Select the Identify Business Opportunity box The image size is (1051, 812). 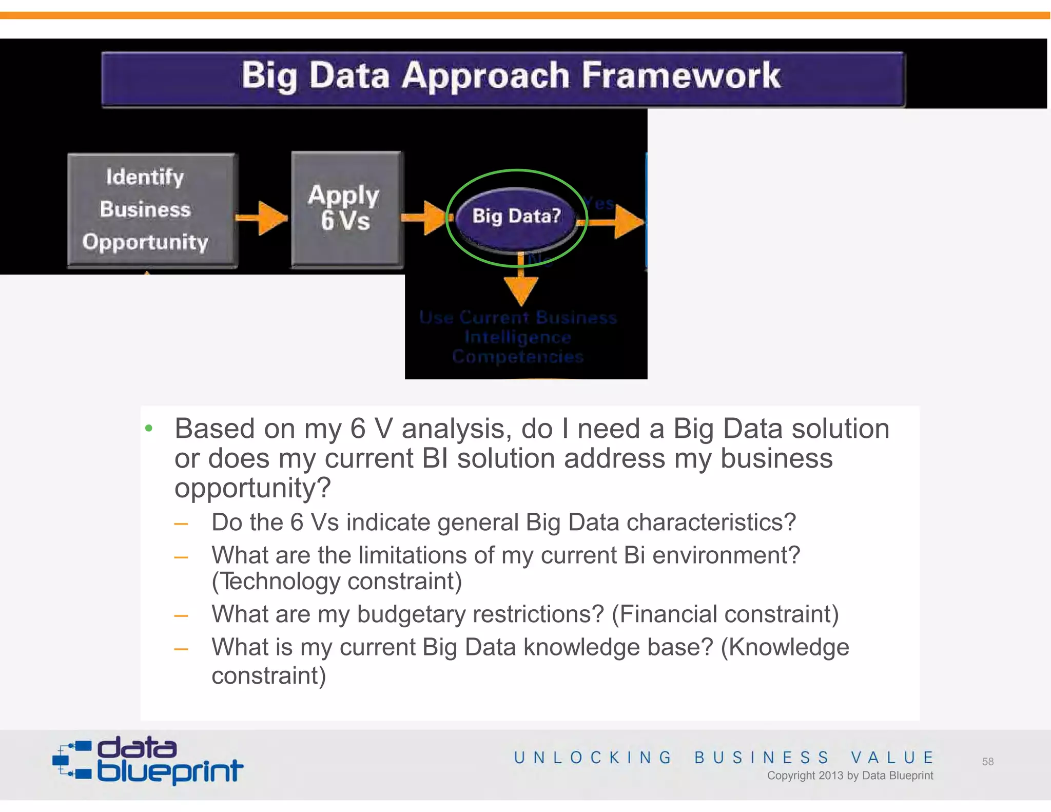[151, 209]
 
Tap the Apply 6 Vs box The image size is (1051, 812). [347, 208]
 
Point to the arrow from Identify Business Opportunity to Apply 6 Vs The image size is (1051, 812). [263, 218]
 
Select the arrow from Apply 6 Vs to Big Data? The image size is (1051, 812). [425, 218]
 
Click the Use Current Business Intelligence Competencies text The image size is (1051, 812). [518, 337]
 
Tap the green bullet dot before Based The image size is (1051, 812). [149, 428]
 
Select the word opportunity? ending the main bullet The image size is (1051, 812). [252, 488]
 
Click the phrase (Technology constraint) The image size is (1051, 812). [337, 582]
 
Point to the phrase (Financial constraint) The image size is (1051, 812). [725, 614]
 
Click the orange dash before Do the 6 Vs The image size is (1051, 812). [181, 524]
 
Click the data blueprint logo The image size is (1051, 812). [148, 761]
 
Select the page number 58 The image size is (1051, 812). [988, 762]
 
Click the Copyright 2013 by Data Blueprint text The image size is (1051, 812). [850, 776]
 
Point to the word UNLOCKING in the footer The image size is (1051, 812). [593, 758]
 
